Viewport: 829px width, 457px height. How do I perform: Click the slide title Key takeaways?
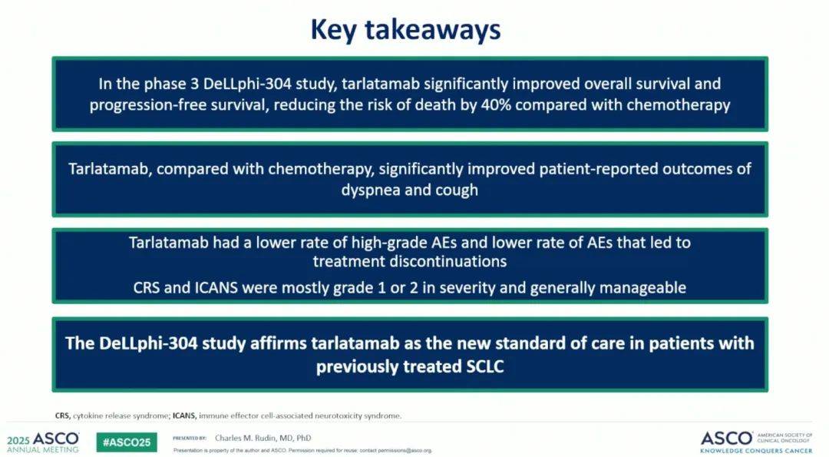[x=405, y=30]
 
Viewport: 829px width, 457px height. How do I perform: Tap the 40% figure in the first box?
[x=496, y=104]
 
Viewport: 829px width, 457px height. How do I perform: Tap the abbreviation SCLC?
[x=485, y=366]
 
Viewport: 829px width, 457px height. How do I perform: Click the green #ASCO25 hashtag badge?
[x=127, y=442]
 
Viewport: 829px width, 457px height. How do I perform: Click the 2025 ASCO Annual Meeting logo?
[x=43, y=442]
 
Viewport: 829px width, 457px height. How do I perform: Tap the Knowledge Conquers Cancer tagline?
[x=756, y=451]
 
